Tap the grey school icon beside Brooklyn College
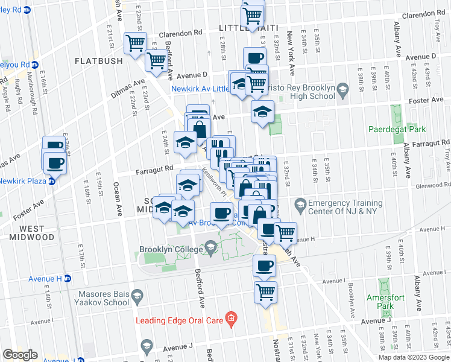(x=210, y=247)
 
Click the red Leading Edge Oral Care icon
(x=230, y=317)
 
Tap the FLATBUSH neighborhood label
(x=99, y=61)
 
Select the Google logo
(x=20, y=354)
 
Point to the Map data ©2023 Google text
(x=413, y=357)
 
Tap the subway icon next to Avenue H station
(x=67, y=278)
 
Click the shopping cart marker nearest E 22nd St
(x=134, y=42)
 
